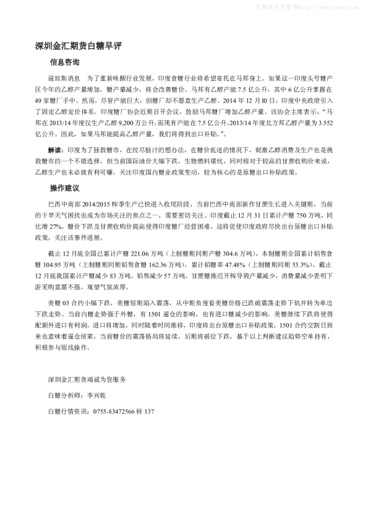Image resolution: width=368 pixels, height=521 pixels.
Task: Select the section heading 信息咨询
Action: click(65, 62)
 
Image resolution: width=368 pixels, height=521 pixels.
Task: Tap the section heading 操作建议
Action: click(65, 187)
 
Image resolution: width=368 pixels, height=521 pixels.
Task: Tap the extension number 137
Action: click(148, 411)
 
